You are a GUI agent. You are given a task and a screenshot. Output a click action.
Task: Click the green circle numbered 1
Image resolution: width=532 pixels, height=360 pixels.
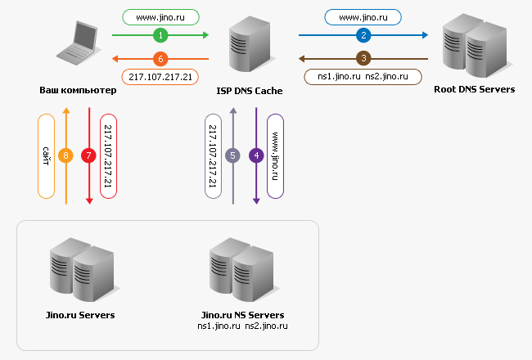(x=161, y=35)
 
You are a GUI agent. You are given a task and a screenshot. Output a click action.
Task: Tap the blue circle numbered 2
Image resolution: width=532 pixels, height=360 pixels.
(x=364, y=35)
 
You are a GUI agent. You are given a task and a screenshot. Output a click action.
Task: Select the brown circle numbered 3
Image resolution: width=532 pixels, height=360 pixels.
(x=364, y=58)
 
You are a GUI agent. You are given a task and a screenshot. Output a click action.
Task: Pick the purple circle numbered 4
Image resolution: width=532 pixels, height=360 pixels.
(x=256, y=154)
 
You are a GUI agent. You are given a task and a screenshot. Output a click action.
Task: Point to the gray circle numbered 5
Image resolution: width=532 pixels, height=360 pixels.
(x=233, y=154)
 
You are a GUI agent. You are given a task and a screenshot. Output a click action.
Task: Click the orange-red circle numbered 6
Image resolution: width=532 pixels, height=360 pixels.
(x=161, y=58)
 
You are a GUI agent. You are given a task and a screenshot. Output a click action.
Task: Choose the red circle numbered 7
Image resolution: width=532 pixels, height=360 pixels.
(x=89, y=154)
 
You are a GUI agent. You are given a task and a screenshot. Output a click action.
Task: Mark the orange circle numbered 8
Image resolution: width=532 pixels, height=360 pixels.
(x=67, y=154)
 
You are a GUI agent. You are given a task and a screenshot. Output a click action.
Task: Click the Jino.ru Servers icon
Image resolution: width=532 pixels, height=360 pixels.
(x=80, y=271)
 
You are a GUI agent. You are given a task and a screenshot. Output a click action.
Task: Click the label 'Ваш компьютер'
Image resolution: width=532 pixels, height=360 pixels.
(x=78, y=90)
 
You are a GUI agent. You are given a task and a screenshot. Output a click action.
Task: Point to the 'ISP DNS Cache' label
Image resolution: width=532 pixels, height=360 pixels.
(x=250, y=91)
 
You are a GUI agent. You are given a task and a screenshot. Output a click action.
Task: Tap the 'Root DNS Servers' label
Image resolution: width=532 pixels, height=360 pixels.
(x=475, y=89)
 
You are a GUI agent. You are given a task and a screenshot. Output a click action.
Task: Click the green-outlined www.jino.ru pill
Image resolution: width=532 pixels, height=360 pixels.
(x=161, y=16)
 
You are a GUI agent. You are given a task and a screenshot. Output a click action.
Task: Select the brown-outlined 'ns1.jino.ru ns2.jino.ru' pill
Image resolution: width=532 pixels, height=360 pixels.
(x=363, y=76)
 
